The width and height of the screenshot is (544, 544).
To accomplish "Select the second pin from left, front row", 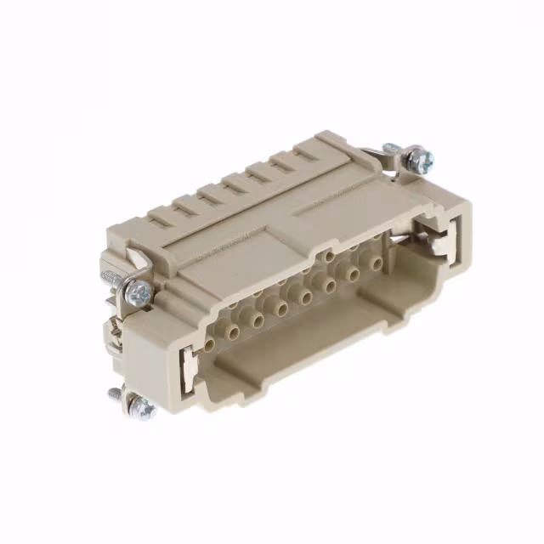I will pyautogui.click(x=231, y=331).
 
